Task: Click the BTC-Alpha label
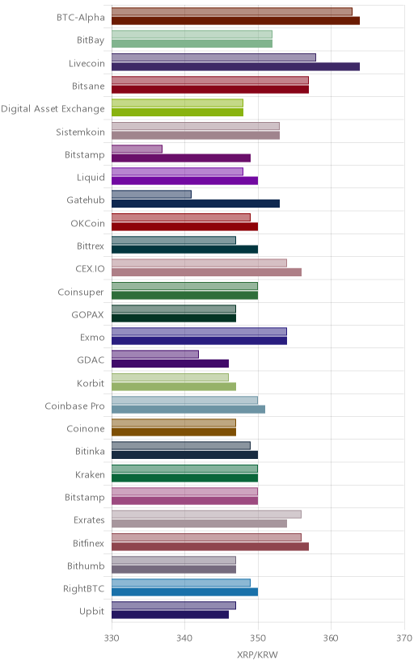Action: [x=81, y=18]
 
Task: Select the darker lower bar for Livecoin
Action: [x=235, y=66]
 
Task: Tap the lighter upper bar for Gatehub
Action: [x=151, y=195]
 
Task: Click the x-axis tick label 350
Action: [x=258, y=638]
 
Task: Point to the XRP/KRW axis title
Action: [x=257, y=655]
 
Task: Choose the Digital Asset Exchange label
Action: [x=53, y=109]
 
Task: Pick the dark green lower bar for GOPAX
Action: [x=174, y=318]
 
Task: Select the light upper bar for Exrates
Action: [x=206, y=515]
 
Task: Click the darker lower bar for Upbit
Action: [x=171, y=615]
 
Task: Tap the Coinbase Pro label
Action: [x=74, y=406]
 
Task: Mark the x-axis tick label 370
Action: [x=403, y=638]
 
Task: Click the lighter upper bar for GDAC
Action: [x=155, y=355]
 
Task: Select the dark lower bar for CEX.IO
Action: [x=206, y=272]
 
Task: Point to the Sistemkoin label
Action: [x=80, y=133]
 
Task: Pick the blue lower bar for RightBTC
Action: [x=185, y=591]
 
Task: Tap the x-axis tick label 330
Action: [x=112, y=638]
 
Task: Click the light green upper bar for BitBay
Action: [x=192, y=35]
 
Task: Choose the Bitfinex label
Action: [x=88, y=544]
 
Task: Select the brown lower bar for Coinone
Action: [x=174, y=432]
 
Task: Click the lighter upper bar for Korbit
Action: [x=171, y=377]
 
